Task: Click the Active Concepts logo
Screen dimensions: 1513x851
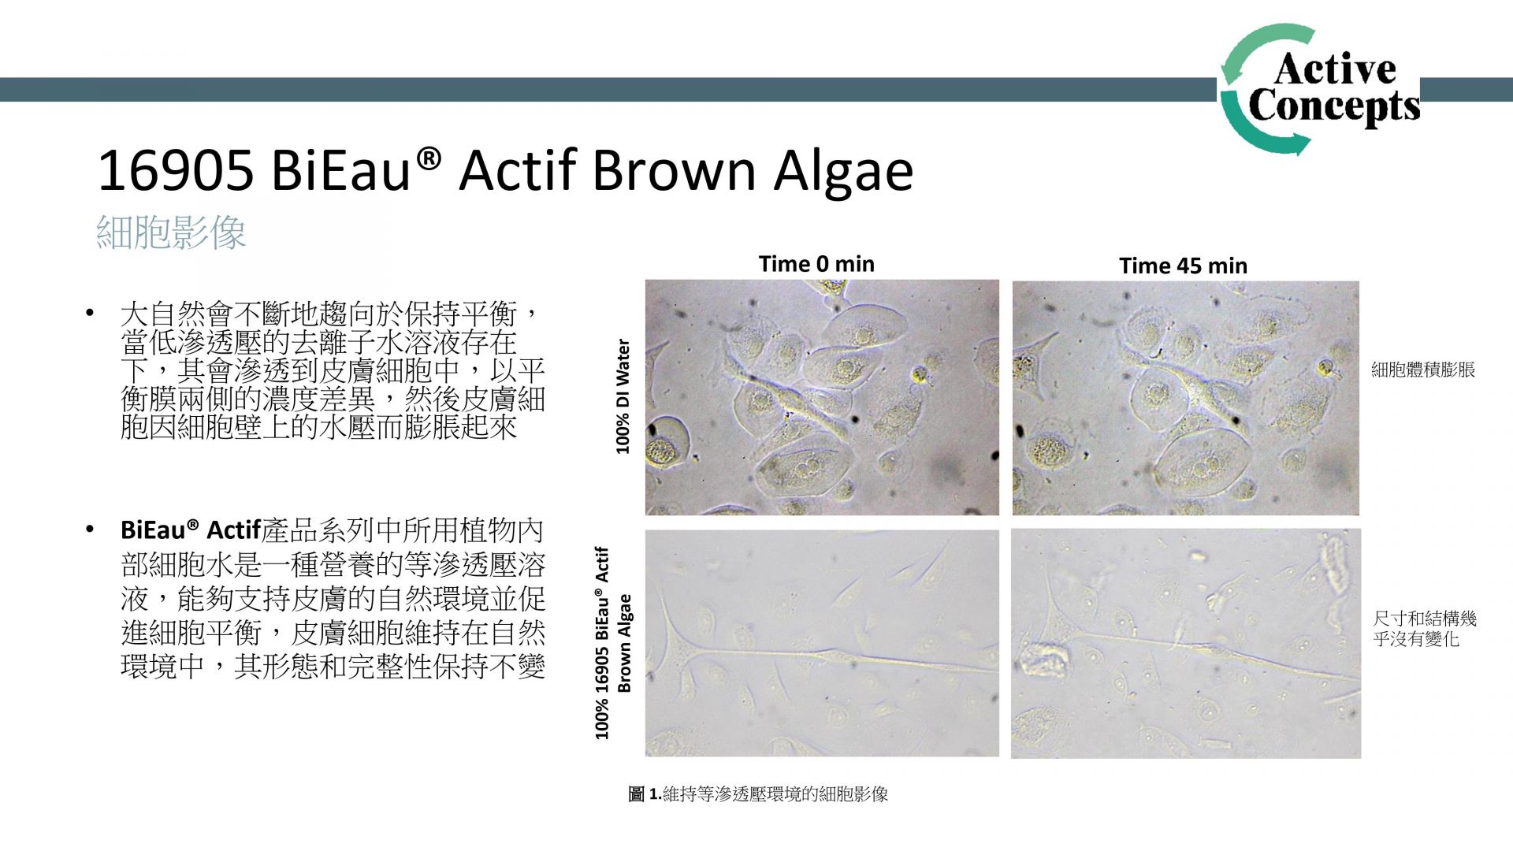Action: click(x=1320, y=89)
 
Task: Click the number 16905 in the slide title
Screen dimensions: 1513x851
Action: click(x=176, y=171)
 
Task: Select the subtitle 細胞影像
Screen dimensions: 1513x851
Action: click(x=171, y=232)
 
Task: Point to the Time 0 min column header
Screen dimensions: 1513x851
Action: click(x=816, y=264)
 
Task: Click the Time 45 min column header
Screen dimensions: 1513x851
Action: click(x=1183, y=266)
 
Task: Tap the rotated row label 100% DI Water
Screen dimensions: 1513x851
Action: click(x=623, y=396)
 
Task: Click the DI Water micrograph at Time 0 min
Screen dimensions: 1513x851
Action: click(x=822, y=397)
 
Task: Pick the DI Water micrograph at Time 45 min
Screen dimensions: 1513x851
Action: click(x=1186, y=398)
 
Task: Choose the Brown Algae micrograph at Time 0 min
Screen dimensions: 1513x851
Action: click(x=822, y=643)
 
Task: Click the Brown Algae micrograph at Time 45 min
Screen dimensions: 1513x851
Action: click(x=1186, y=644)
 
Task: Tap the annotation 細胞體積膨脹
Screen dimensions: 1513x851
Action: click(x=1423, y=370)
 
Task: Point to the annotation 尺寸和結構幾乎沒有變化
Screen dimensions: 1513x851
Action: click(x=1425, y=629)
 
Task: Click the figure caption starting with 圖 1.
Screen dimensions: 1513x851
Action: click(x=758, y=794)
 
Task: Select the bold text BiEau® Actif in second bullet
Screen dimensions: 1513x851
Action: click(x=191, y=530)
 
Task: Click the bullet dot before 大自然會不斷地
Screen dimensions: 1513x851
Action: click(x=91, y=314)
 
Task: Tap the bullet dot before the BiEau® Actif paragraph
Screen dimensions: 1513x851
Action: click(x=91, y=530)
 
